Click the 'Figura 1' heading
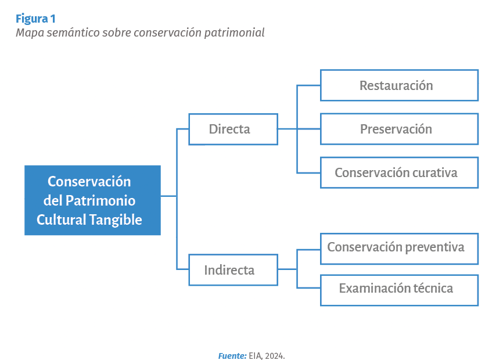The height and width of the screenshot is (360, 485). point(35,19)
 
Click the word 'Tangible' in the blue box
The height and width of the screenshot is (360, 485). point(116,220)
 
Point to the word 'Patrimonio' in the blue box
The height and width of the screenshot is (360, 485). point(100,201)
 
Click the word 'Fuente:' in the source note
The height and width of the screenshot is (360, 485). point(232,356)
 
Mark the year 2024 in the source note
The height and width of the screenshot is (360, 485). point(274,356)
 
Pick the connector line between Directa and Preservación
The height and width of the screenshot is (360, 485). point(299,129)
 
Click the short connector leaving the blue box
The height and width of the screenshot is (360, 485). point(168,196)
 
